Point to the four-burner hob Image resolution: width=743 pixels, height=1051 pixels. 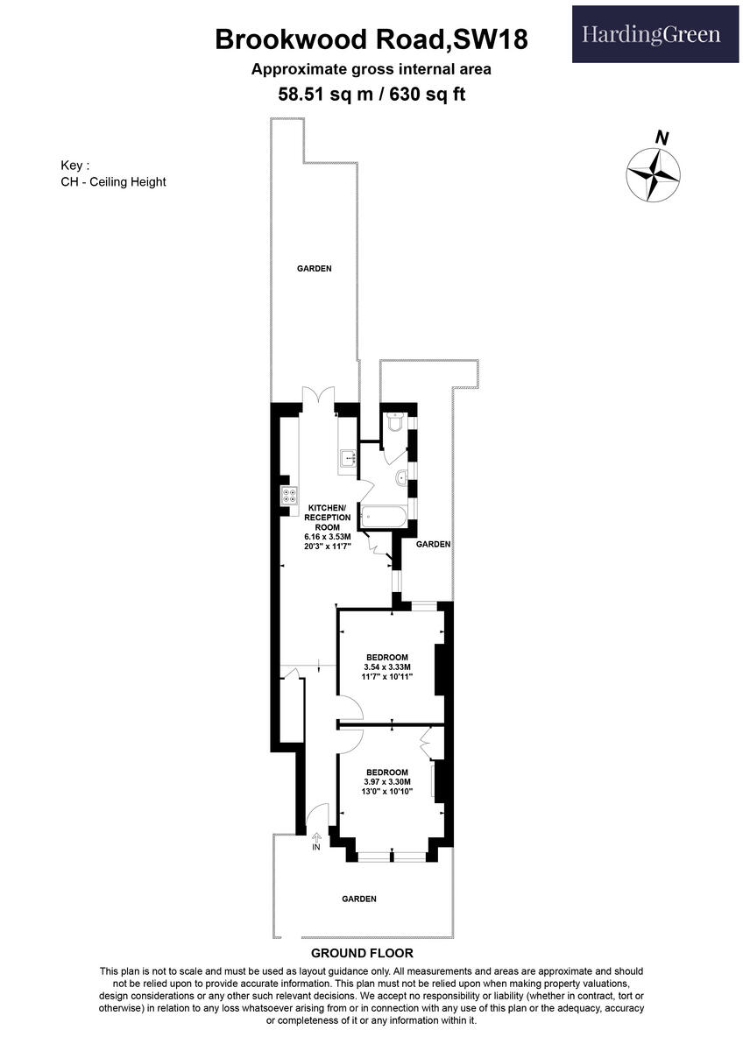(287, 496)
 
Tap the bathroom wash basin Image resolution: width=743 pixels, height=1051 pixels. (400, 477)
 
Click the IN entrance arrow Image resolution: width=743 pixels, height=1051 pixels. (316, 842)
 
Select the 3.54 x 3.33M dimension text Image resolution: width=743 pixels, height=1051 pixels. (386, 667)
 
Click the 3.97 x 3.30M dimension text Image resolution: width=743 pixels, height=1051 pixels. (386, 782)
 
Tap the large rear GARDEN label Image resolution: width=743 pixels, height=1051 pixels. (314, 269)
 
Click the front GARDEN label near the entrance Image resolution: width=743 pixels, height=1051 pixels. (359, 899)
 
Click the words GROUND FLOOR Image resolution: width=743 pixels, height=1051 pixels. (362, 953)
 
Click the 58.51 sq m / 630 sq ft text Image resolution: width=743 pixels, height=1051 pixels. (371, 93)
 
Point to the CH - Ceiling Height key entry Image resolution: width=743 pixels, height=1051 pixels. (113, 182)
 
